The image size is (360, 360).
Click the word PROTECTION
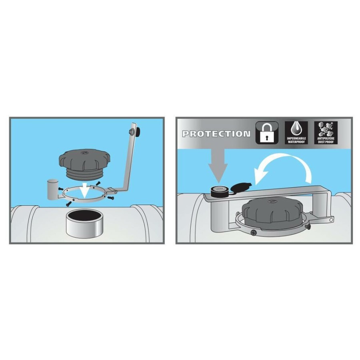[x=216, y=134]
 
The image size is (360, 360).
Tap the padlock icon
[x=267, y=133]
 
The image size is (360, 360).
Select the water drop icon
[x=296, y=129]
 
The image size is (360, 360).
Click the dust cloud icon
[x=326, y=129]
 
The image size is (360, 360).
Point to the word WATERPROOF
[x=296, y=142]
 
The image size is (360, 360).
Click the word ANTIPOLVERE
[x=326, y=139]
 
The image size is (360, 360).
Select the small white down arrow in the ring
[x=84, y=190]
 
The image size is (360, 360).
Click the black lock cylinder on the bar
[x=219, y=192]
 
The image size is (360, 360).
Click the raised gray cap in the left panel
[x=85, y=164]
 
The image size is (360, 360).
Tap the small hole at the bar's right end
[x=331, y=220]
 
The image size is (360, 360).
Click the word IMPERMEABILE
[x=296, y=139]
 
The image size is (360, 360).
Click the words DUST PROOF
[x=326, y=142]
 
